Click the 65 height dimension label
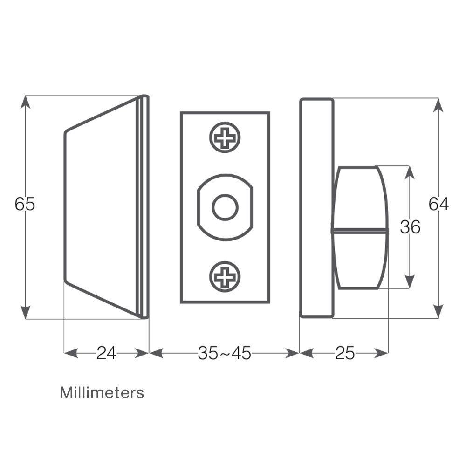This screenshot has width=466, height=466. click(25, 204)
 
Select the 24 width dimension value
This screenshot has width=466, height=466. click(106, 353)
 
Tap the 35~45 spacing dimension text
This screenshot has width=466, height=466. click(225, 353)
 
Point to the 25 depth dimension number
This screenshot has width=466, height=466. click(345, 353)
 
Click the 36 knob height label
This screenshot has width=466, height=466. click(410, 227)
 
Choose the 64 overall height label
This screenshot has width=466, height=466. click(439, 204)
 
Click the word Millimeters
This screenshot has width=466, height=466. click(102, 392)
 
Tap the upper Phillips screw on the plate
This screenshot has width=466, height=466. click(225, 137)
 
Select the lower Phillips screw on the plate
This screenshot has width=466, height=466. click(225, 277)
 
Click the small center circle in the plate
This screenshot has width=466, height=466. click(225, 207)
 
